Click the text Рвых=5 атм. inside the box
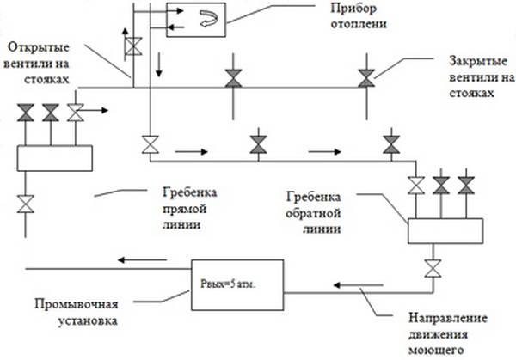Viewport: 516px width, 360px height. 235,281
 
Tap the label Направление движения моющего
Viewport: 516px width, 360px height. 438,331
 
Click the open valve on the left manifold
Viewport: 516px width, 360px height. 76,112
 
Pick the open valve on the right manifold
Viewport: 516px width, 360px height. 417,184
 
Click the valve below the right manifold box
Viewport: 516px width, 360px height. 431,267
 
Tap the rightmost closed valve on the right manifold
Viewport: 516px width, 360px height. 466,184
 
